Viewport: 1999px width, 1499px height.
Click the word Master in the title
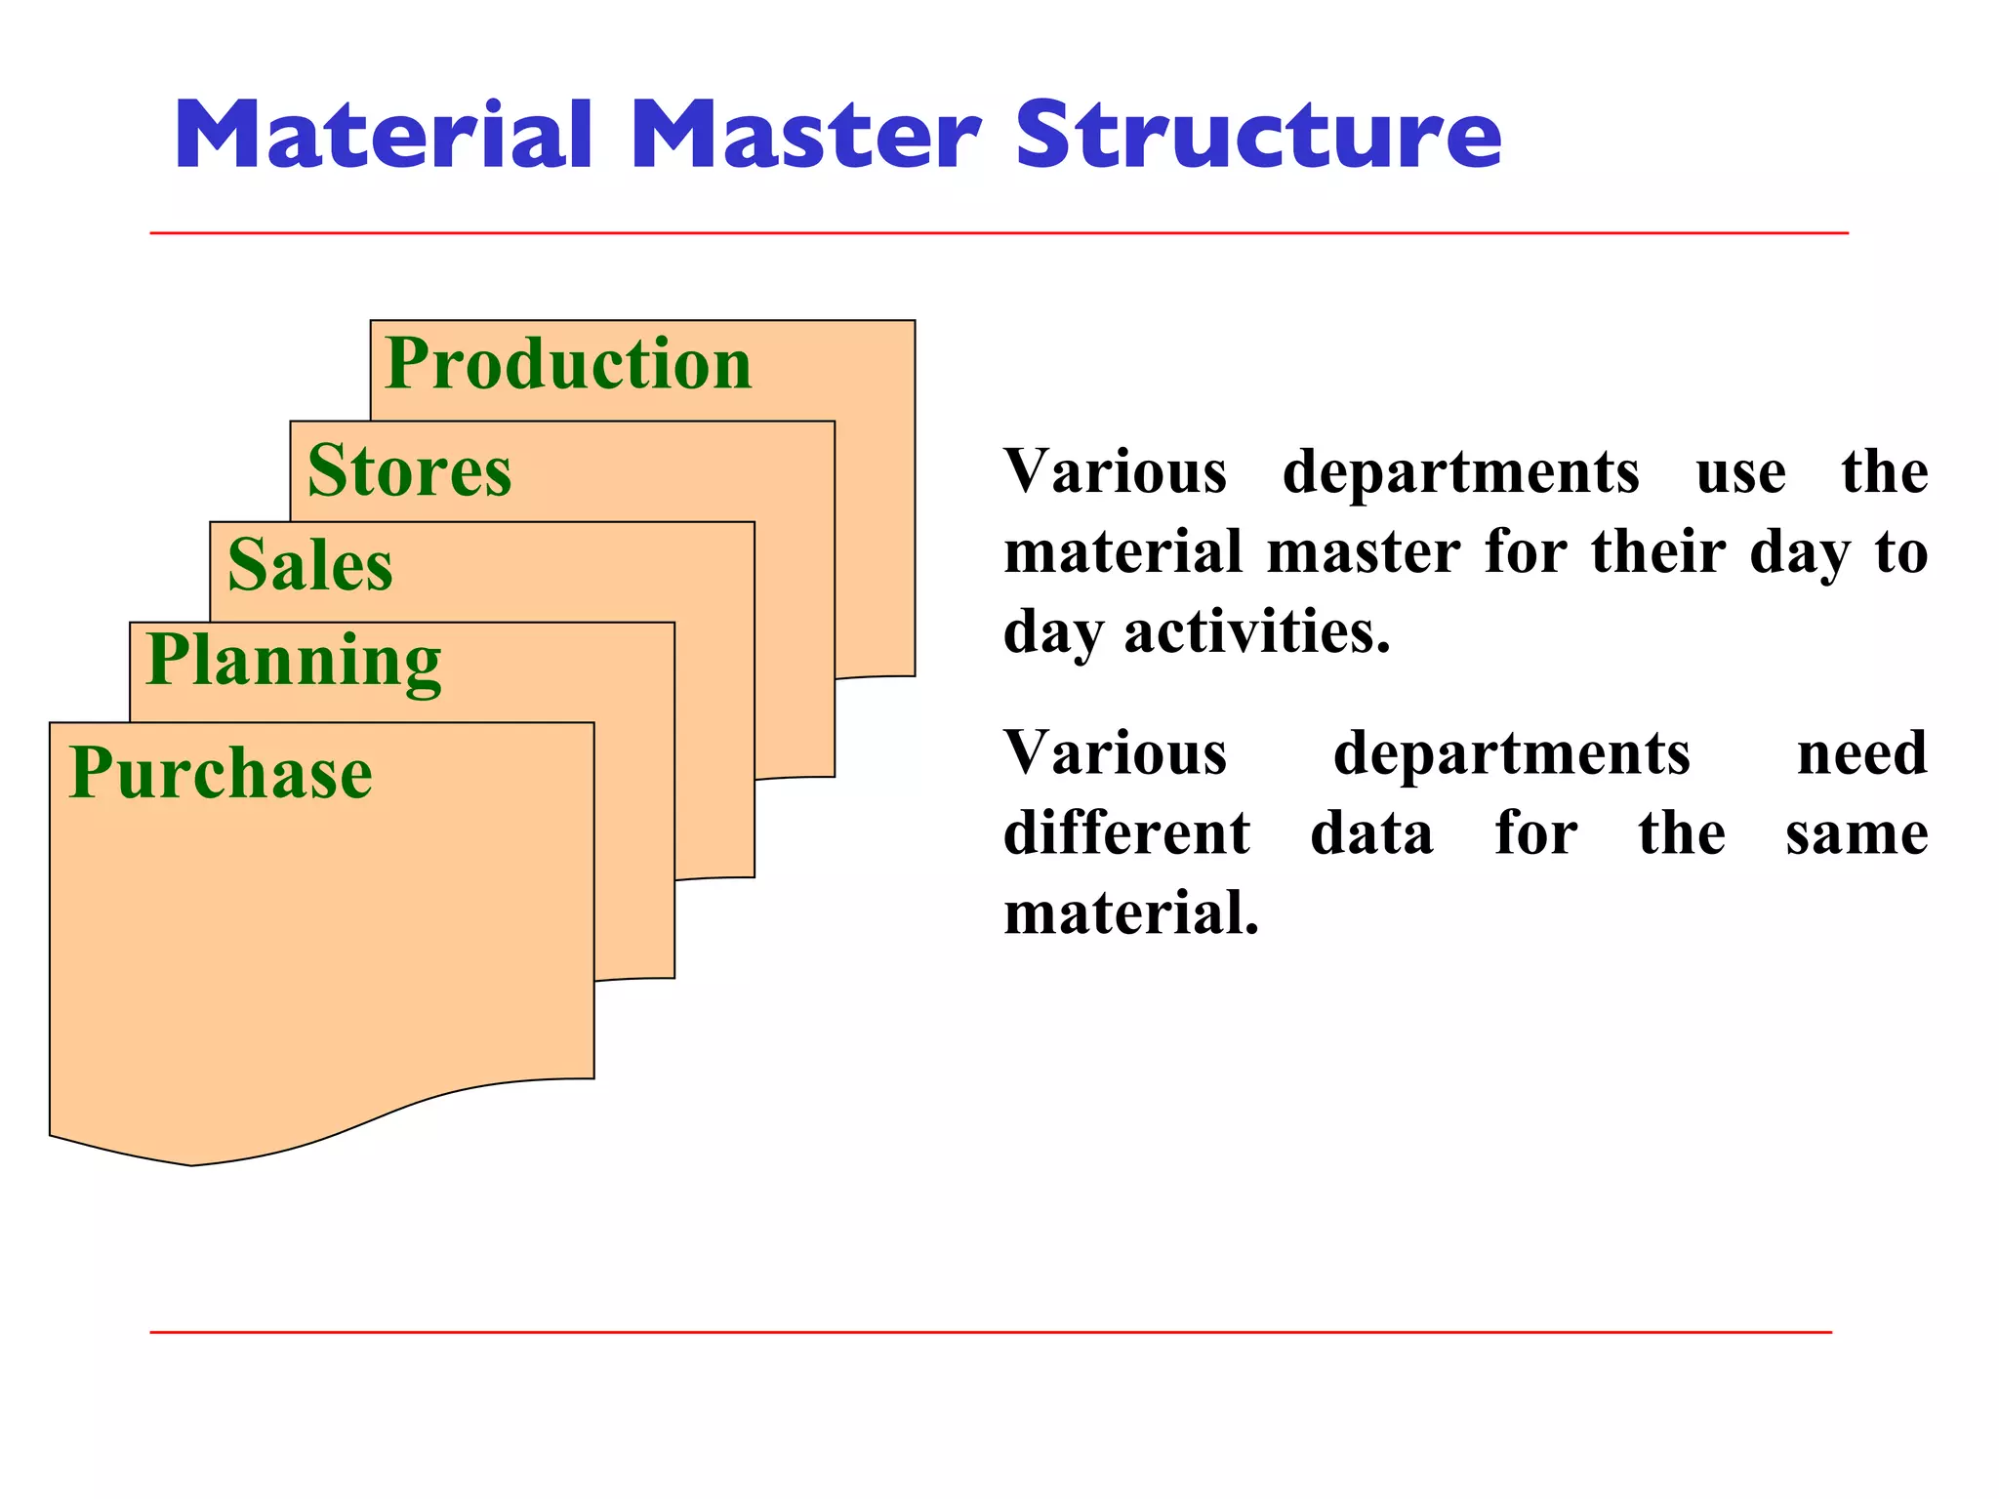coord(805,136)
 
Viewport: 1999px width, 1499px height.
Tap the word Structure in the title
coord(1258,136)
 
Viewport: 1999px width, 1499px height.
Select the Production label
coord(568,364)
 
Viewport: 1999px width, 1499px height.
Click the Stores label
coord(409,471)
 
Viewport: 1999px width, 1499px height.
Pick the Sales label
coord(309,566)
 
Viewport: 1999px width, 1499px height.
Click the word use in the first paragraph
coord(1740,473)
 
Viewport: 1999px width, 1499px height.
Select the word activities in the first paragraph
coord(1257,632)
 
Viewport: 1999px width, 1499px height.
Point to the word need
coord(1861,754)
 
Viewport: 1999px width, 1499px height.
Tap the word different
coord(1126,834)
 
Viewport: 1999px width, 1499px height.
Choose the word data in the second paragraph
coord(1371,834)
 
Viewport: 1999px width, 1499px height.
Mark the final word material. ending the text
coord(1131,913)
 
